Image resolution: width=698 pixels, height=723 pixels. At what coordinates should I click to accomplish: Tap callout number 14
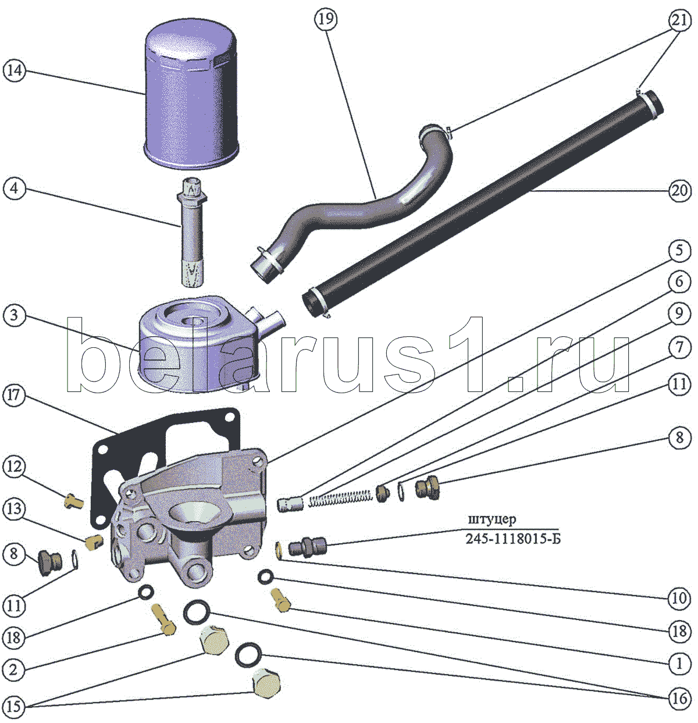click(x=15, y=70)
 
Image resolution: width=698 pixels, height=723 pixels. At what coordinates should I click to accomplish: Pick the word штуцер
click(x=492, y=519)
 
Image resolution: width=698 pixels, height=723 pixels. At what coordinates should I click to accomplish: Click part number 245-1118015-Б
click(x=513, y=539)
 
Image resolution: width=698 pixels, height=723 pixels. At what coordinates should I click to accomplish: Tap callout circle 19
click(x=326, y=19)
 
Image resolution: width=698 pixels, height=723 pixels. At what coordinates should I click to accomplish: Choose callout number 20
click(x=679, y=190)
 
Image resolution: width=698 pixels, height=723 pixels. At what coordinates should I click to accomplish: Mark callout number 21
click(x=679, y=20)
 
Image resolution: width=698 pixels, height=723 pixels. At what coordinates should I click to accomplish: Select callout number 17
click(x=14, y=396)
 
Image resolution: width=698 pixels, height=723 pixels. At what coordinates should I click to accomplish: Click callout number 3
click(x=14, y=316)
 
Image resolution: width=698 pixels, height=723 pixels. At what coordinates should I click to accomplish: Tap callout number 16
click(x=679, y=698)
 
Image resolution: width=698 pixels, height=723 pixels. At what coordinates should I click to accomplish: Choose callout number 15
click(x=14, y=706)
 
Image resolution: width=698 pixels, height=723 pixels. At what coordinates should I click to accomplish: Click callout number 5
click(x=679, y=251)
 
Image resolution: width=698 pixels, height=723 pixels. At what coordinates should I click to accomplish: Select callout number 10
click(x=679, y=598)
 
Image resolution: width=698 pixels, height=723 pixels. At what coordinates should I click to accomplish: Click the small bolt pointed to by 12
click(x=73, y=501)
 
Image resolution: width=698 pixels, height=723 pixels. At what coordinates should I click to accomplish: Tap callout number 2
click(x=14, y=669)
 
